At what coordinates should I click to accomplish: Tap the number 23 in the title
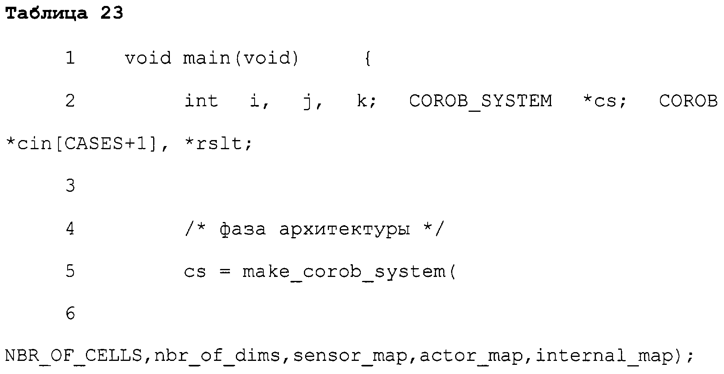tap(112, 14)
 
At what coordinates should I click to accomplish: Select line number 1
tap(70, 58)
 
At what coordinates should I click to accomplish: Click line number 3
tap(70, 186)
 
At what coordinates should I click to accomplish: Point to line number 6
tap(70, 314)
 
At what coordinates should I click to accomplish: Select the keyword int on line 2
tap(201, 101)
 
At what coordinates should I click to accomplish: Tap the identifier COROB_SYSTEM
tap(481, 101)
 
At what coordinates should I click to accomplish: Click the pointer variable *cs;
tap(604, 101)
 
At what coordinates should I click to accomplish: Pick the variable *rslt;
tap(218, 144)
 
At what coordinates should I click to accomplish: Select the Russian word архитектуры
tap(344, 230)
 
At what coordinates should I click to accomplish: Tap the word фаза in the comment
tap(243, 230)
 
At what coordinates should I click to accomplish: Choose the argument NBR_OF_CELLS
tap(74, 355)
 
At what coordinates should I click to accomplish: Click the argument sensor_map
tap(350, 356)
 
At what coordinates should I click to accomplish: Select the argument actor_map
tap(472, 356)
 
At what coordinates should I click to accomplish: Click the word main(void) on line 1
tap(241, 58)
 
